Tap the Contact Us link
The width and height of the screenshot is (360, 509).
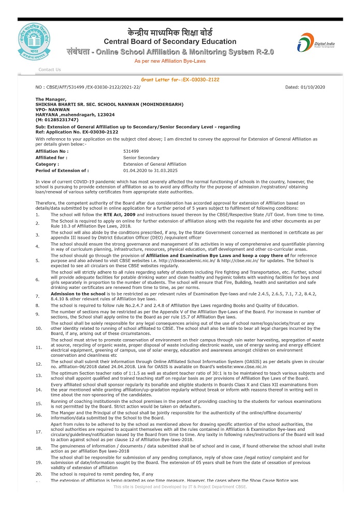(50, 69)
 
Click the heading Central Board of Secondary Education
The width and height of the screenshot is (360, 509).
(170, 41)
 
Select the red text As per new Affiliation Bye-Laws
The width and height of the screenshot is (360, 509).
(170, 61)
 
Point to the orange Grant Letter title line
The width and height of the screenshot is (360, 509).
(180, 80)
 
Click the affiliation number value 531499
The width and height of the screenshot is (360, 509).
(132, 152)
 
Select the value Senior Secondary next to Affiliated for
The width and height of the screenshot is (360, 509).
(141, 158)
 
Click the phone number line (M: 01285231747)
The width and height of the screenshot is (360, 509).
(56, 120)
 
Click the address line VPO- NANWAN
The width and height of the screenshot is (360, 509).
(52, 109)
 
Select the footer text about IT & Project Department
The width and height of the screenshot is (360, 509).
(180, 487)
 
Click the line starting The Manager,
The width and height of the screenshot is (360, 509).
(51, 99)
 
